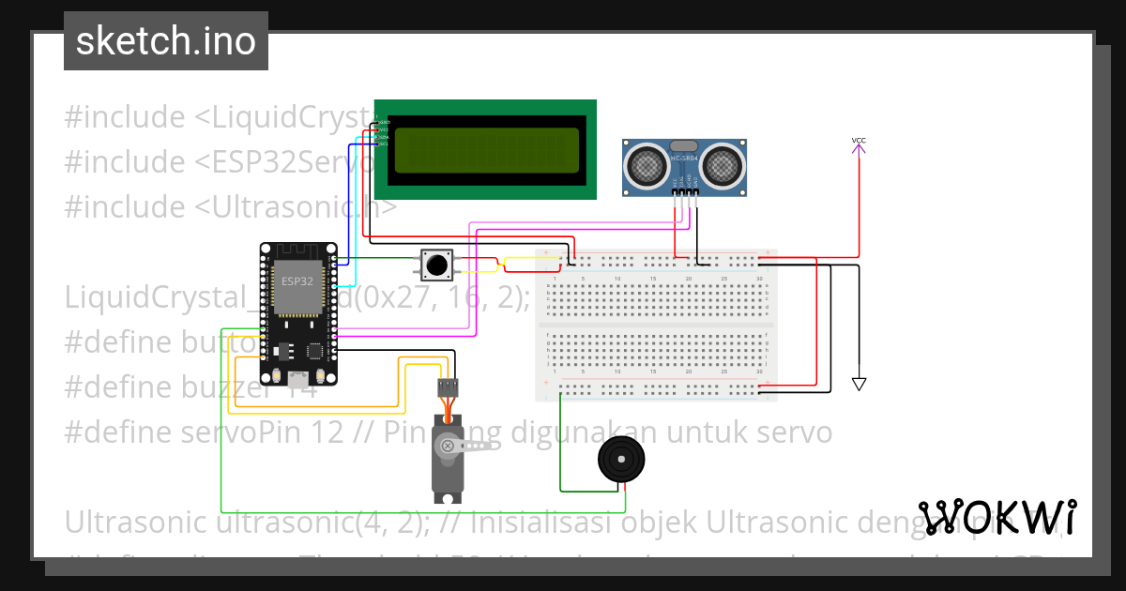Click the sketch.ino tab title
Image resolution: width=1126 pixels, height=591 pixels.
165,41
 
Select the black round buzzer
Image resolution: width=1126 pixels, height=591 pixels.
620,461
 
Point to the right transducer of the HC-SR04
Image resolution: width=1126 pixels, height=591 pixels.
723,165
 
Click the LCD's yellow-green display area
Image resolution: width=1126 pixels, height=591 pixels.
486,151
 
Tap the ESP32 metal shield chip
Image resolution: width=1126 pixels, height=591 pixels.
297,287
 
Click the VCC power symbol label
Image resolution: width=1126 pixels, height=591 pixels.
859,141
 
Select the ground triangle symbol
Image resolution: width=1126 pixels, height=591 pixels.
859,384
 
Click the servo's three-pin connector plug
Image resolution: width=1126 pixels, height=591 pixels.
449,386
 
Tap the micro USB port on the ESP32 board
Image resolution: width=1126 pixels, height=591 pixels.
298,380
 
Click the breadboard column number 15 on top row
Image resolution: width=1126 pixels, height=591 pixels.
653,280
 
